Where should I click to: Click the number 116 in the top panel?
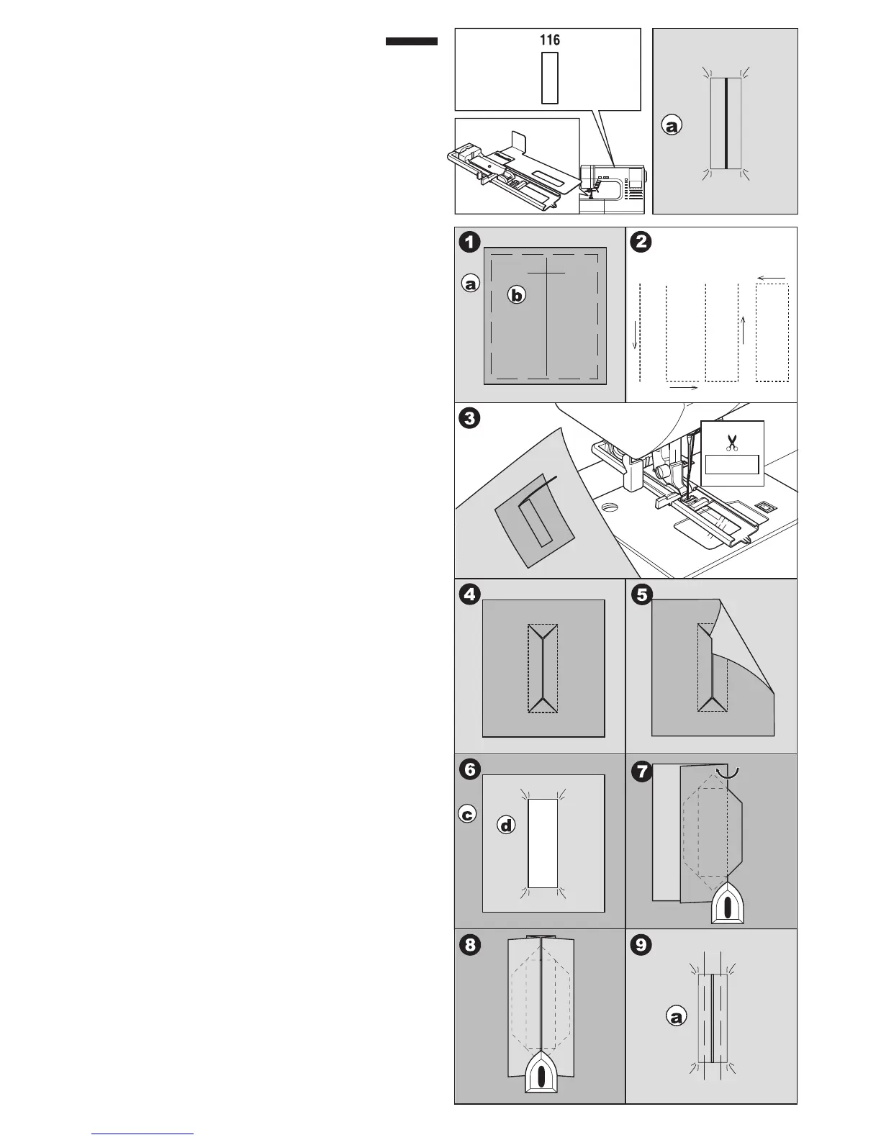(x=550, y=40)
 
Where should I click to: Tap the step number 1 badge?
(x=469, y=242)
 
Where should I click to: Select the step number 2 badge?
(x=640, y=242)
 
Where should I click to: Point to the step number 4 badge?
(x=469, y=594)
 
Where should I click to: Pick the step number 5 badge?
(x=640, y=594)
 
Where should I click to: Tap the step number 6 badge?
(x=469, y=769)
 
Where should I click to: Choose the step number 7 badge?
(x=640, y=772)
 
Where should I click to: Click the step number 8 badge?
(x=469, y=944)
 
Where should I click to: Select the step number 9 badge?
(x=640, y=944)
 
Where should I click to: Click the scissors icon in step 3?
(x=732, y=442)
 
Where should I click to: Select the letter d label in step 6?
(x=507, y=826)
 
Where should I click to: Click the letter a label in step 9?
(x=675, y=1018)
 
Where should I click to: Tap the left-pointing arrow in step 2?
(x=771, y=277)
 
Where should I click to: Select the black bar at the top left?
(x=412, y=42)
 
